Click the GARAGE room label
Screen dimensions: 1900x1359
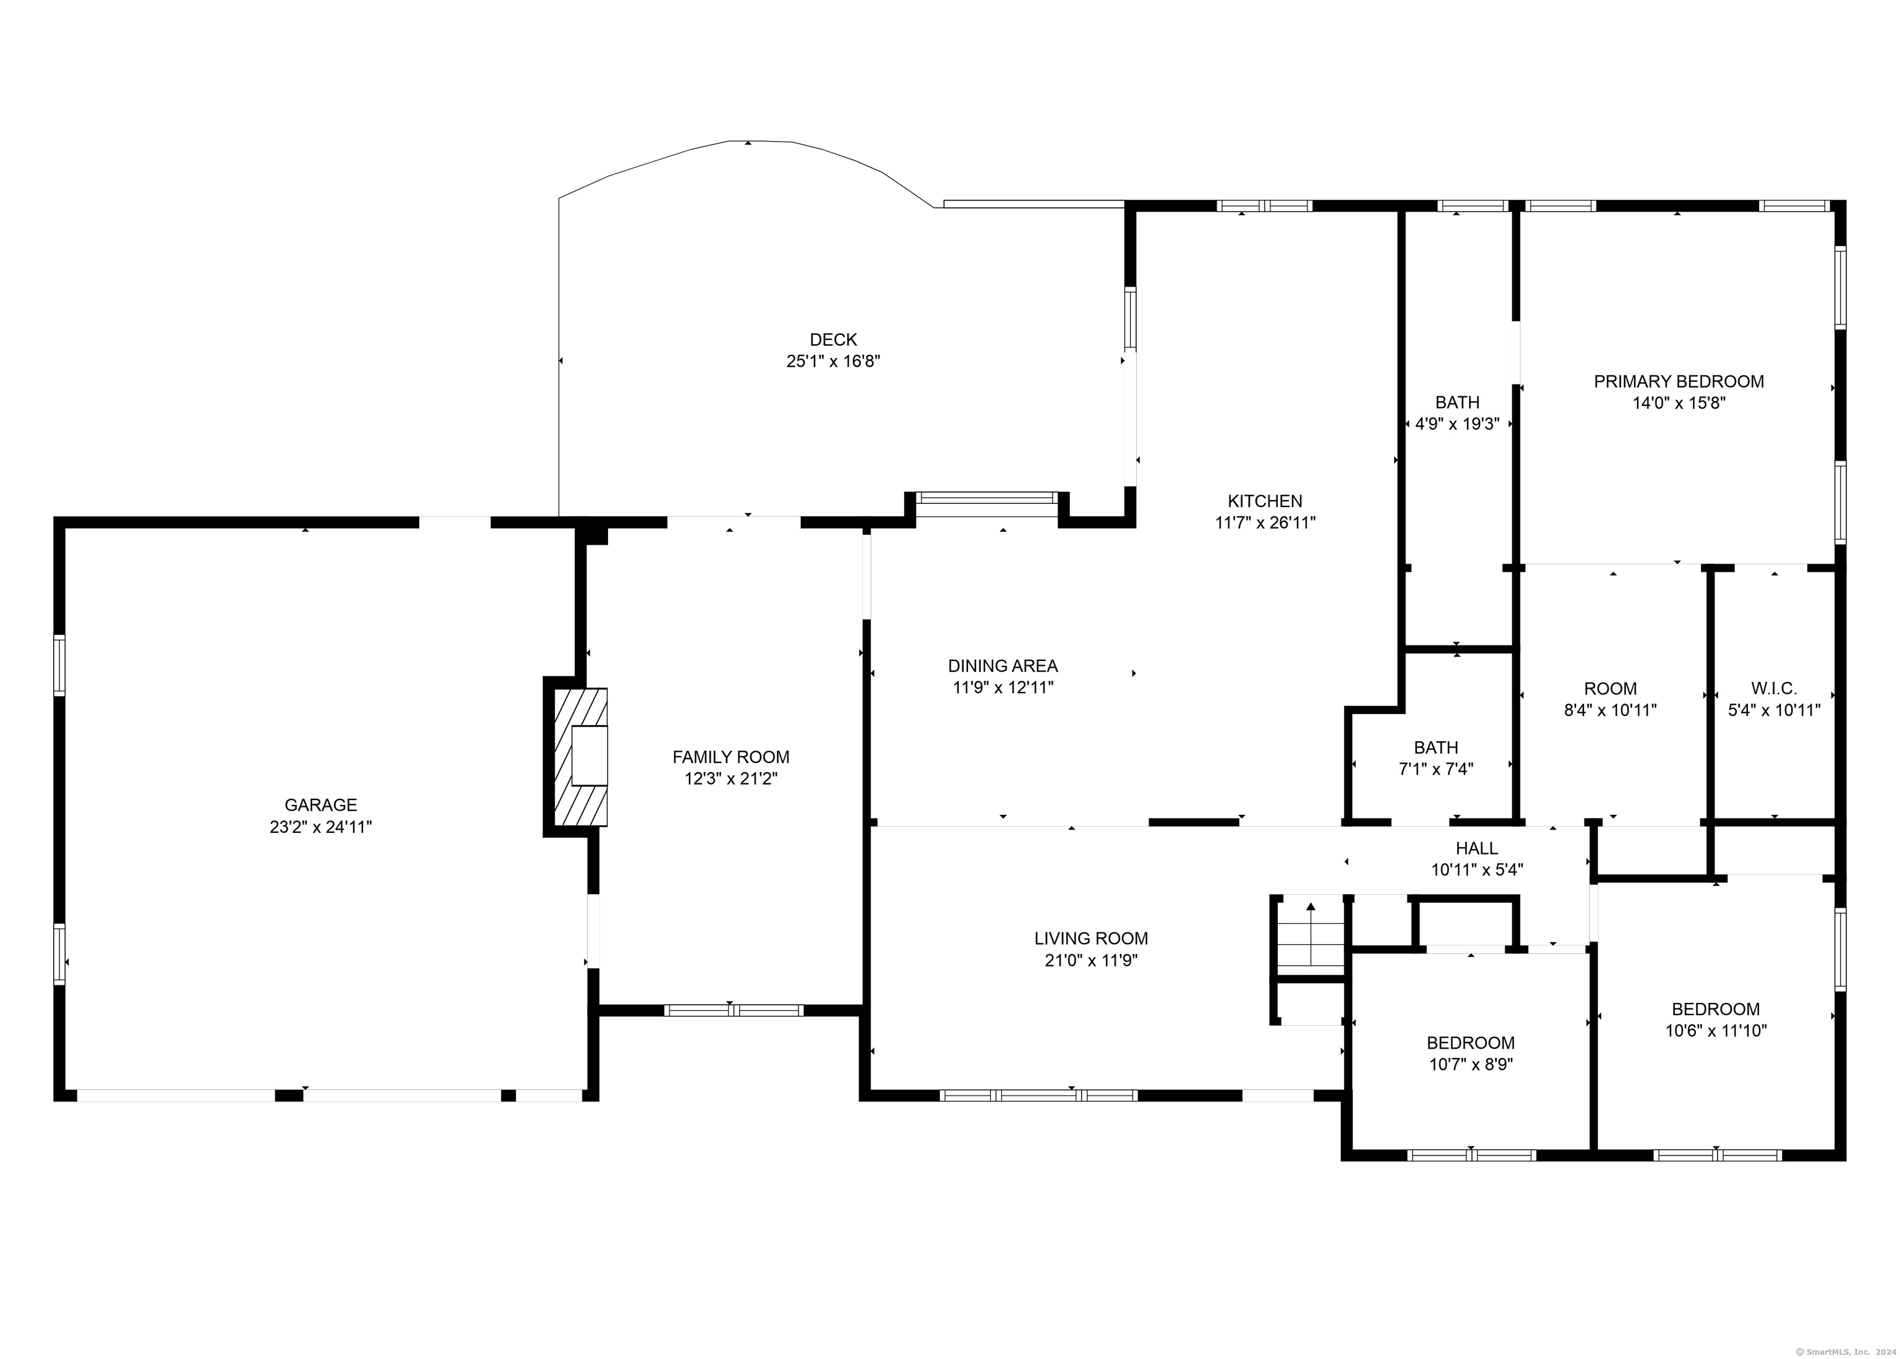(x=320, y=805)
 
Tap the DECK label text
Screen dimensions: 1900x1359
(x=833, y=340)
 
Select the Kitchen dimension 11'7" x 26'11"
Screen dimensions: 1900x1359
(x=1265, y=523)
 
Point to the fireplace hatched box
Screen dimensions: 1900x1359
(x=581, y=757)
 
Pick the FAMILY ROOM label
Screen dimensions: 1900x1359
(x=730, y=757)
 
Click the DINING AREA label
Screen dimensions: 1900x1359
(x=1003, y=666)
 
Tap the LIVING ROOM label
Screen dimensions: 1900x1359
(x=1090, y=939)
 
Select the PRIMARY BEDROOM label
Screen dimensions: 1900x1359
(x=1678, y=381)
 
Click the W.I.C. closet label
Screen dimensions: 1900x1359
(x=1774, y=689)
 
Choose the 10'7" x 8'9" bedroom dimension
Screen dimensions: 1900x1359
(x=1471, y=1065)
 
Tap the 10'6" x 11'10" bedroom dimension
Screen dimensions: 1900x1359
(x=1716, y=1031)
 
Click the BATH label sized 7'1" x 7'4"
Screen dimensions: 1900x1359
(x=1436, y=748)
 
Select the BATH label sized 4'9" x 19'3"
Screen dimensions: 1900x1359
(x=1457, y=403)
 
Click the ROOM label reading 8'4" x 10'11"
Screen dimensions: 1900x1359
(x=1611, y=689)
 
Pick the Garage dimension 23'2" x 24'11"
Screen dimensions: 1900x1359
(x=320, y=827)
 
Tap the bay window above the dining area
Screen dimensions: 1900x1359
(x=987, y=498)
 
